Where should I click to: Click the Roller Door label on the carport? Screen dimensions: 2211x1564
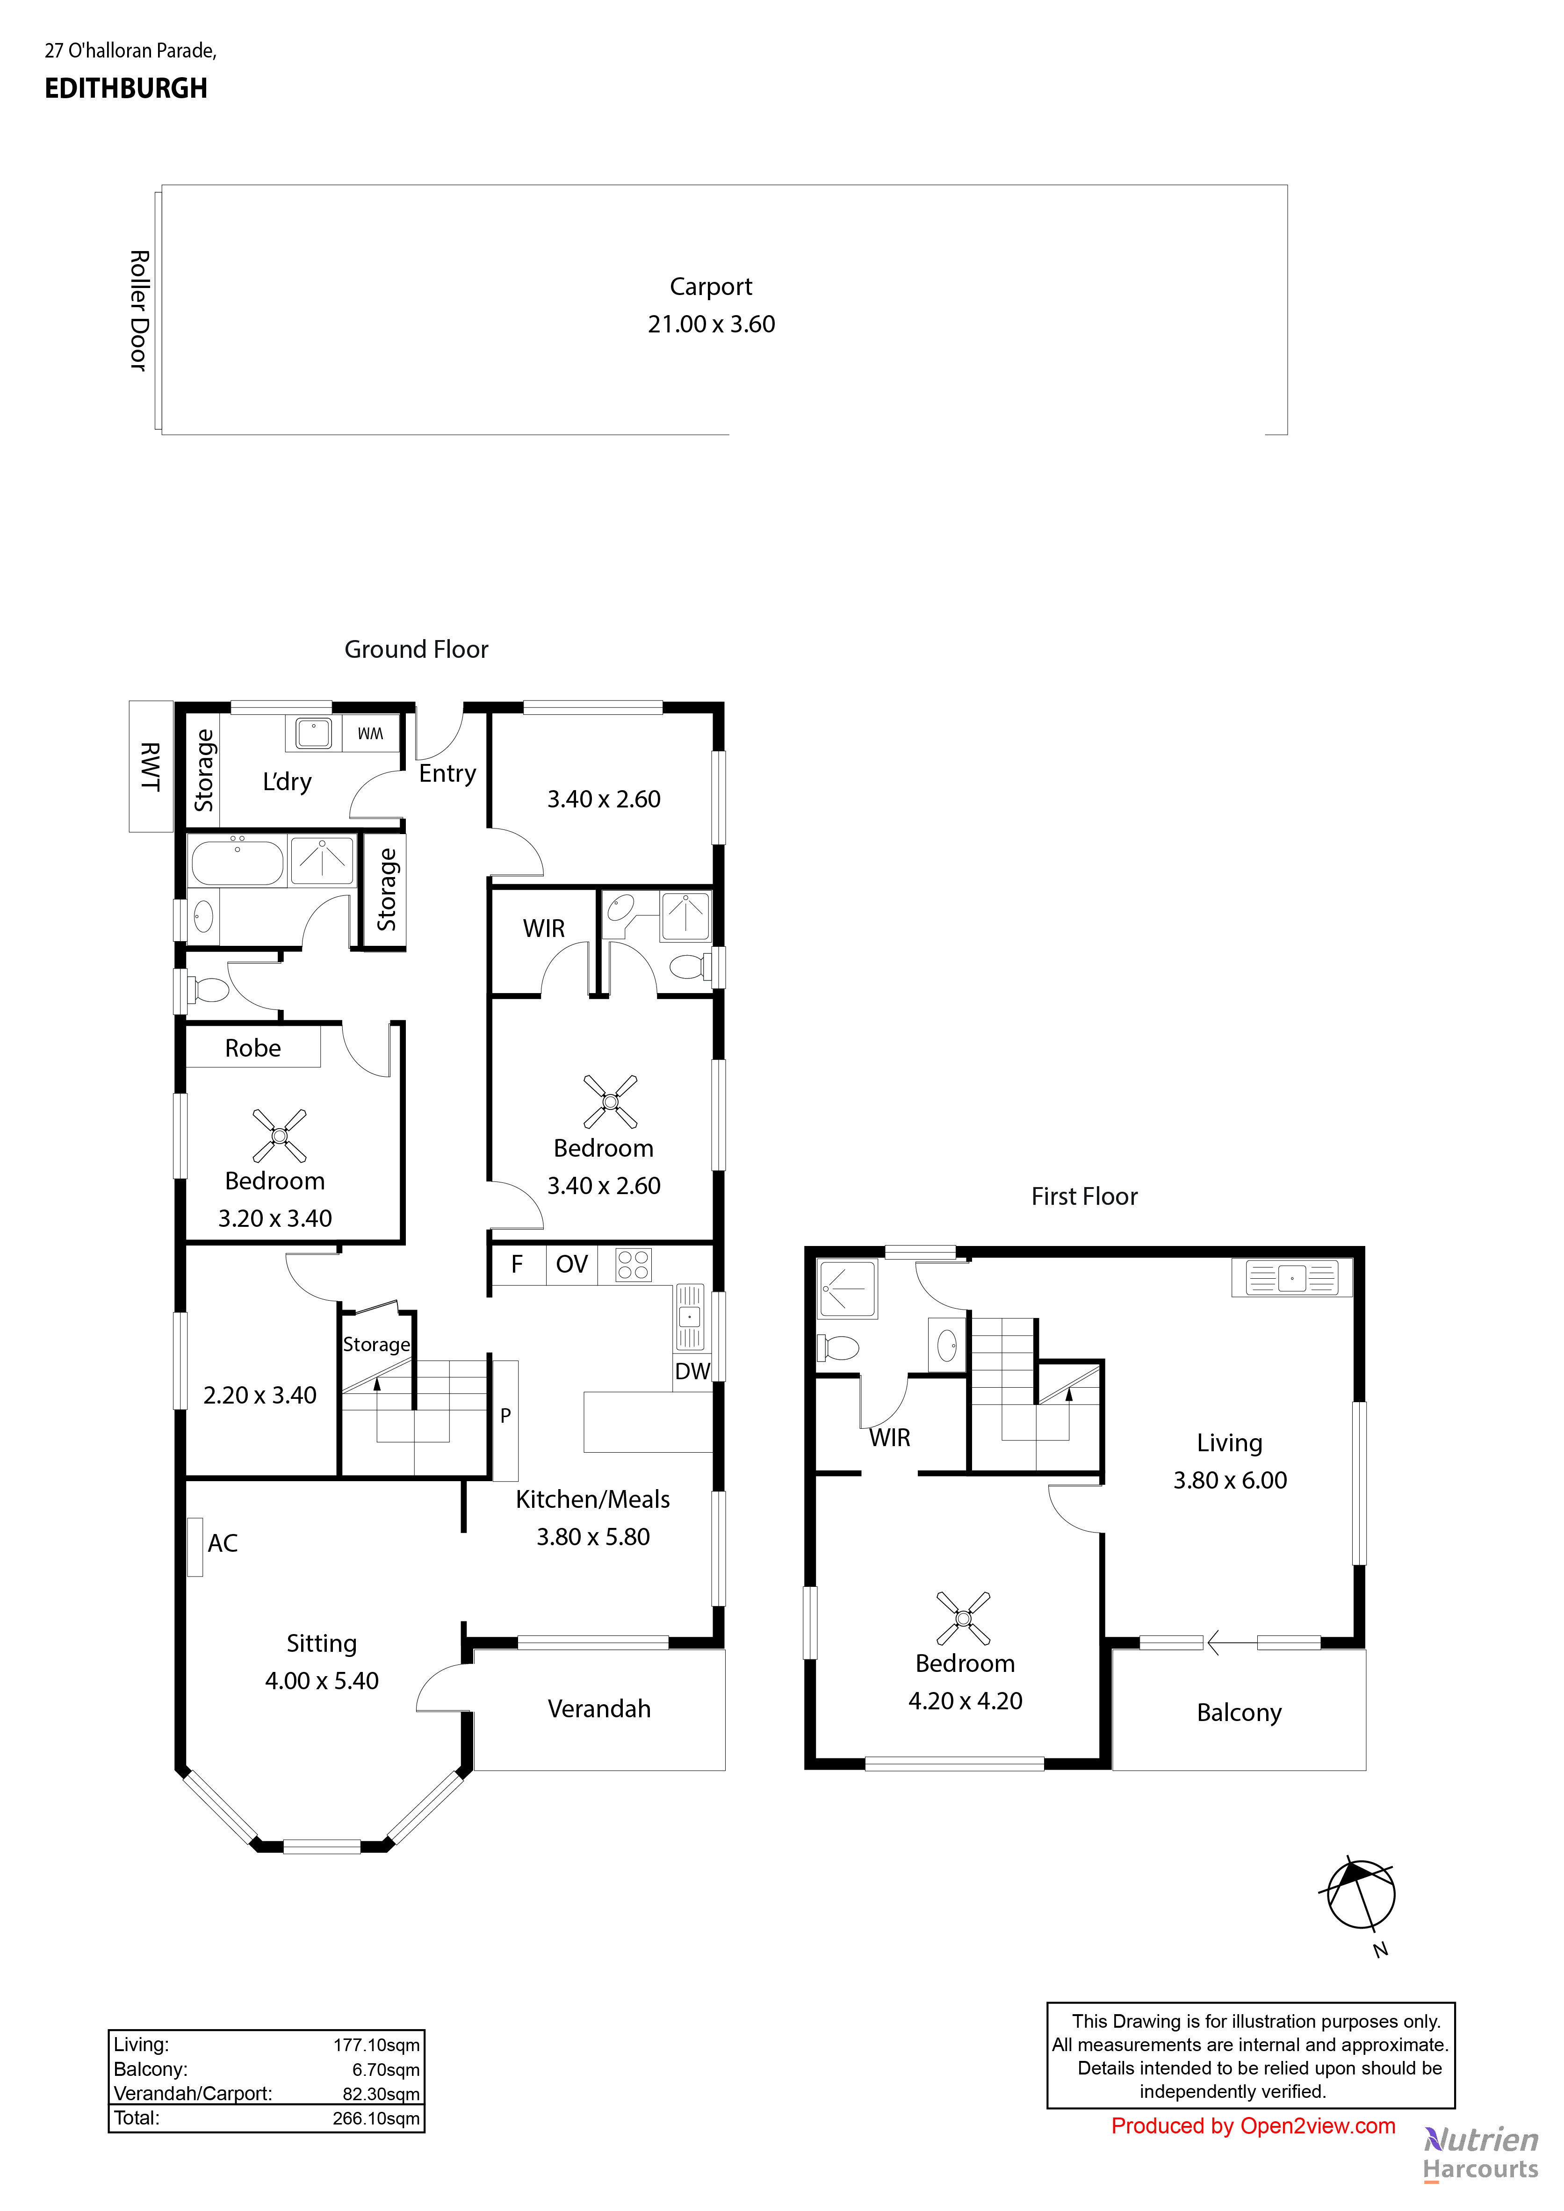pos(139,310)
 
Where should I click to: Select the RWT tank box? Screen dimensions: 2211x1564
pos(150,766)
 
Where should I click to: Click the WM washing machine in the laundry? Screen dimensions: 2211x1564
pos(370,734)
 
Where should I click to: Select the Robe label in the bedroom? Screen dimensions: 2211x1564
pos(252,1049)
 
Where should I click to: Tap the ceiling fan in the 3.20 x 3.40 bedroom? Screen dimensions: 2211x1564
pos(279,1135)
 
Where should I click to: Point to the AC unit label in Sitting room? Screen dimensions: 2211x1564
pos(223,1544)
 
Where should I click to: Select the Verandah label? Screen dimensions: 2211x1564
pos(599,1709)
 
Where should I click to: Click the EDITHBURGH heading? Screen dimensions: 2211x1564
pos(126,88)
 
